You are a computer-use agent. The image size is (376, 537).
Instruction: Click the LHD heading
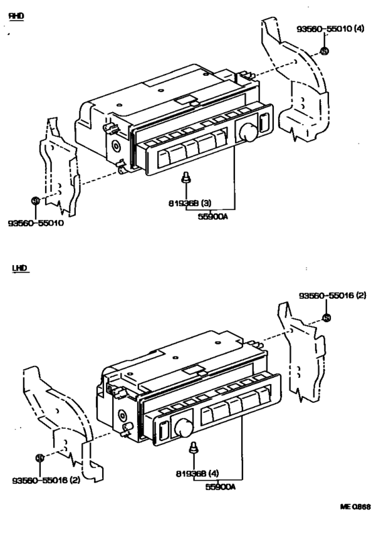20,268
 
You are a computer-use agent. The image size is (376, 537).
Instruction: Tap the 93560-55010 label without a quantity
38,224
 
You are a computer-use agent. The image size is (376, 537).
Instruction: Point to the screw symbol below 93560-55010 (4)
324,52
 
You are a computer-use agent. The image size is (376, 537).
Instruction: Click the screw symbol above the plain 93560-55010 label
36,200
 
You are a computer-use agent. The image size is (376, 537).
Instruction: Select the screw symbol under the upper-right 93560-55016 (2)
326,318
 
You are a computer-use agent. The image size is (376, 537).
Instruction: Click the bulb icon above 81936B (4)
195,448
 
